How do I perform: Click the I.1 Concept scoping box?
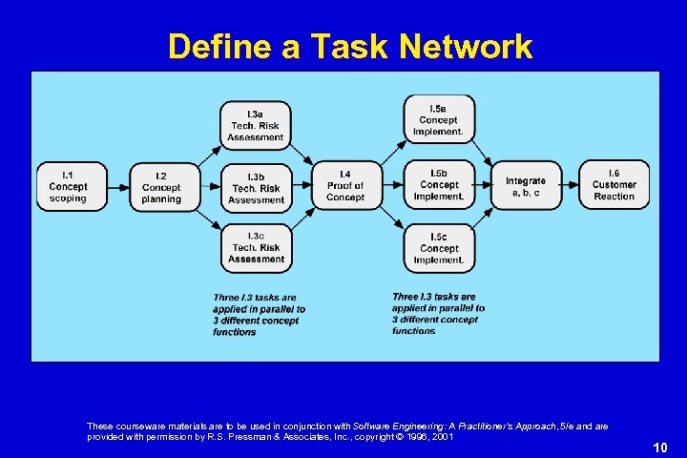coord(68,186)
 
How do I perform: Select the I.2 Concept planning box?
coord(161,187)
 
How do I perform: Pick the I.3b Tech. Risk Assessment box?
coord(256,188)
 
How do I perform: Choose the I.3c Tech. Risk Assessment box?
coord(256,247)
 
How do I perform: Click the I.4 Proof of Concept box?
coord(345,185)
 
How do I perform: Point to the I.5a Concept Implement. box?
coord(438,119)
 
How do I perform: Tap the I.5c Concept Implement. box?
coord(438,247)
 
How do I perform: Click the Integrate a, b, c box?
coord(526,186)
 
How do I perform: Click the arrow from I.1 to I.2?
coord(115,187)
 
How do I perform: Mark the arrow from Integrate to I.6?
coord(569,185)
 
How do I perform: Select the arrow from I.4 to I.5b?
coord(391,186)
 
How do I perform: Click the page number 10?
coord(660,447)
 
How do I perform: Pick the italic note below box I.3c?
coord(259,315)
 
